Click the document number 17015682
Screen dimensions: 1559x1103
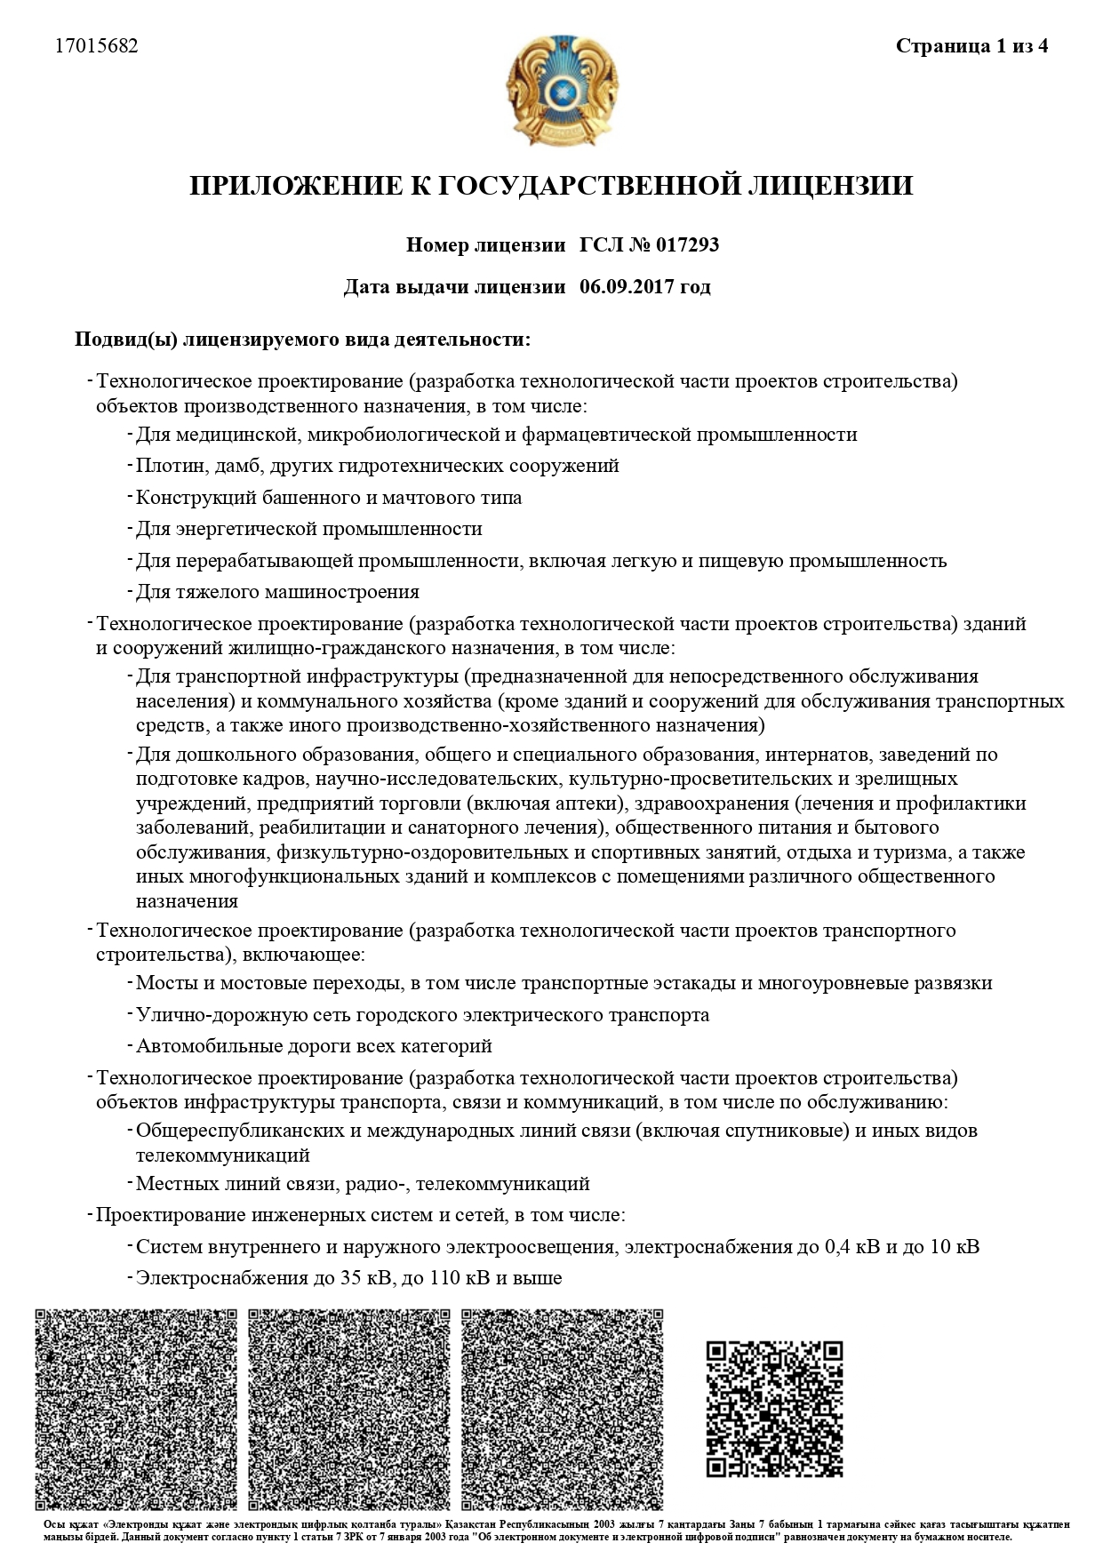[96, 46]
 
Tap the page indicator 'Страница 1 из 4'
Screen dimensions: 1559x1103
[971, 46]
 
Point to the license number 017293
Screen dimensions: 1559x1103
[687, 244]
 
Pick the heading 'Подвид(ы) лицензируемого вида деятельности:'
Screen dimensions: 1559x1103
[302, 340]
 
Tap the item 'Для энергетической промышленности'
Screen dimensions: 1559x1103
[308, 529]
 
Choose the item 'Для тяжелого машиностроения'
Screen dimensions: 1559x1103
[277, 592]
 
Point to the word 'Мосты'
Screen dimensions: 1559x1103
[162, 983]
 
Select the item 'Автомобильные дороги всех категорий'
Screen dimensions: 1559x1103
[314, 1046]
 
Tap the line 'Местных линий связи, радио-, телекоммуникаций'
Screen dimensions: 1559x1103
[363, 1184]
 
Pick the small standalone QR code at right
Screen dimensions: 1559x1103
[774, 1408]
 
